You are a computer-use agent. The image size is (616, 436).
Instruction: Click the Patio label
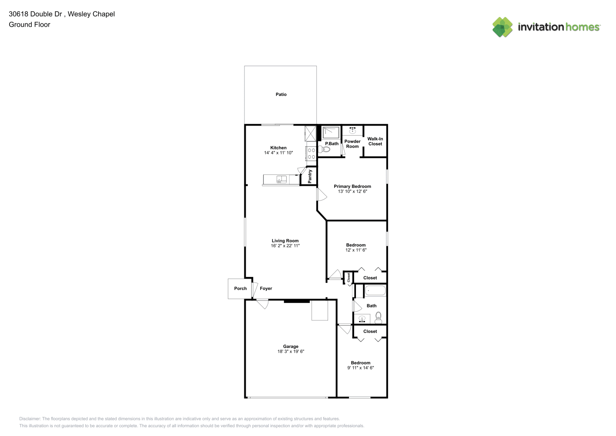[x=281, y=95]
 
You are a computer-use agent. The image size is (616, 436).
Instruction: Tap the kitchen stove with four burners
[x=311, y=153]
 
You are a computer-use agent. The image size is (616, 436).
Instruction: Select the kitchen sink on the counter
[x=281, y=180]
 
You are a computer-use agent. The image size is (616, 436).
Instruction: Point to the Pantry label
[x=310, y=176]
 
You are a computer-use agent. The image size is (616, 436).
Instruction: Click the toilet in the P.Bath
[x=324, y=150]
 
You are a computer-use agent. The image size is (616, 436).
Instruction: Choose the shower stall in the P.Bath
[x=331, y=133]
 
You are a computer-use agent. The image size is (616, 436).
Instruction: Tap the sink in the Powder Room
[x=352, y=130]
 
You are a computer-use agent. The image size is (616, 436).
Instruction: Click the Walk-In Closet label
[x=375, y=141]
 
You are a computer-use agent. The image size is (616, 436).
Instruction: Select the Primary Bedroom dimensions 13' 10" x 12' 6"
[x=352, y=191]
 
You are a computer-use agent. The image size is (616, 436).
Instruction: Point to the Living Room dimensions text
[x=285, y=245]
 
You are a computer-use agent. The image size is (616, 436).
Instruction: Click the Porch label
[x=240, y=289]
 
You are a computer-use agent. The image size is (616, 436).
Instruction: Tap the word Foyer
[x=266, y=289]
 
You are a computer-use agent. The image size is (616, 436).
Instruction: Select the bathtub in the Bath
[x=376, y=291]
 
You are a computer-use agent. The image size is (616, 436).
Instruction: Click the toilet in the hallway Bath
[x=379, y=318]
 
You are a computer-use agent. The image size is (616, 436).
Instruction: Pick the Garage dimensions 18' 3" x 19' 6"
[x=291, y=351]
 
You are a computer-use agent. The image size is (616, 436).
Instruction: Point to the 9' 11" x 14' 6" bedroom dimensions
[x=361, y=368]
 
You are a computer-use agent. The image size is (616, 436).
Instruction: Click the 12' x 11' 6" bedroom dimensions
[x=356, y=250]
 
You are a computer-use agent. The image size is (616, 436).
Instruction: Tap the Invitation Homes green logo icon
[x=502, y=27]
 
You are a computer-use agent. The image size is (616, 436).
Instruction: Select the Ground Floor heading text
[x=30, y=24]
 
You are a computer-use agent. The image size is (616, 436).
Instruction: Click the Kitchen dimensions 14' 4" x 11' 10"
[x=278, y=153]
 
